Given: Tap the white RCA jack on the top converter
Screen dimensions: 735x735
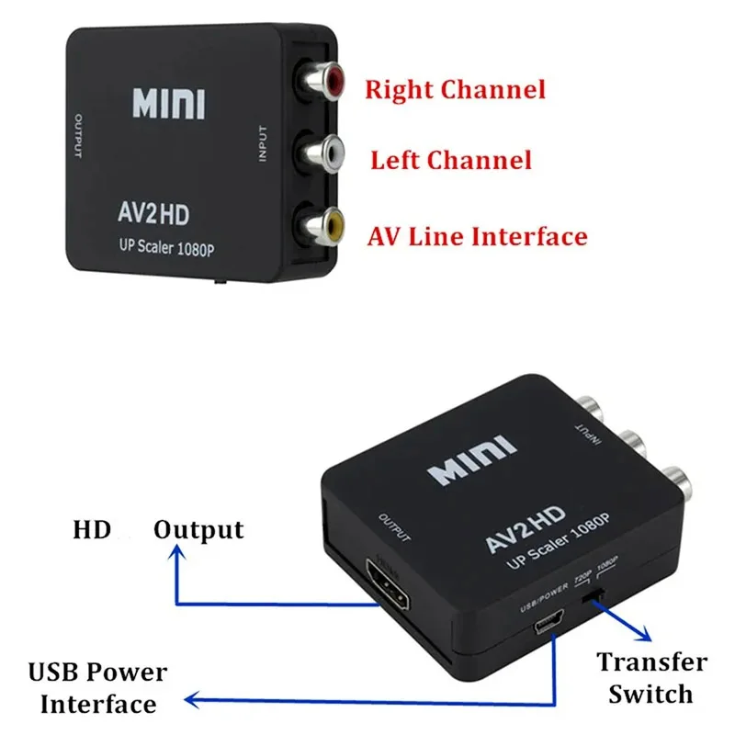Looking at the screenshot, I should coord(326,151).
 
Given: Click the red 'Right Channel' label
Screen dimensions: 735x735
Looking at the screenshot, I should coord(455,89).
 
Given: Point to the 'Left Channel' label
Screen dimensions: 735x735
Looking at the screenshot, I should coord(450,161).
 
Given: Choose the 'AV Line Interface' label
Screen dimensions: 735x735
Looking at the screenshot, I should coord(477,236).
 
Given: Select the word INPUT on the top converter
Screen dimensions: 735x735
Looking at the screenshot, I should coord(263,144).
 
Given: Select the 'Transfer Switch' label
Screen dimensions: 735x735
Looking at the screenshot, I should coord(651,677).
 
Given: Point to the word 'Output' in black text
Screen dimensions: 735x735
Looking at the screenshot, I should coord(198,529).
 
